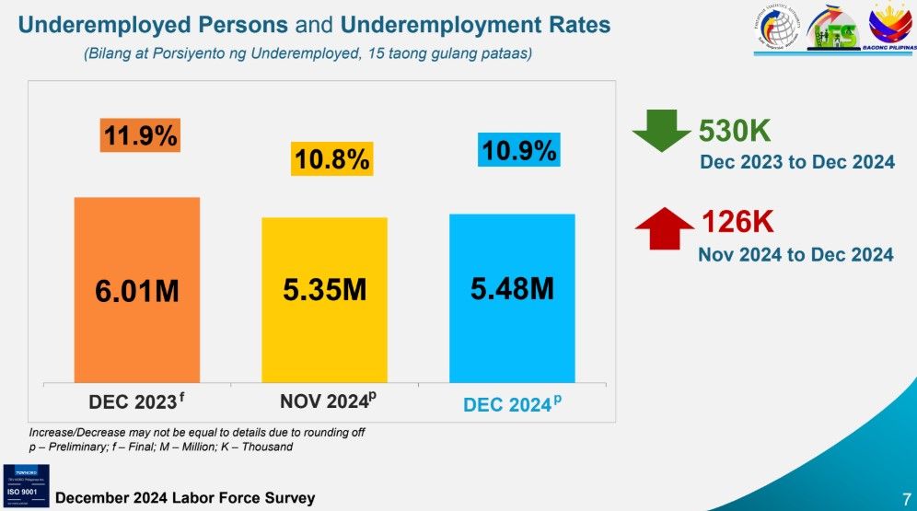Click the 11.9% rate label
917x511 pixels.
(x=140, y=135)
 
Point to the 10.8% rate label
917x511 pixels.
(x=331, y=159)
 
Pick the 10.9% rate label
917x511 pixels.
(x=518, y=150)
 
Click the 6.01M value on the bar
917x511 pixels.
(x=137, y=292)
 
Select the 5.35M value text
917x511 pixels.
(x=324, y=290)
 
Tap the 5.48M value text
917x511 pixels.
(x=512, y=288)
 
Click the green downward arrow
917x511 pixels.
(x=660, y=131)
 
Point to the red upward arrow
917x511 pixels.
(x=664, y=226)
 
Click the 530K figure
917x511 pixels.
(x=737, y=132)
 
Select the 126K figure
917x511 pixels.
(x=737, y=222)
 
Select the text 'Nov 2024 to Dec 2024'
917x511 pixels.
(x=795, y=254)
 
